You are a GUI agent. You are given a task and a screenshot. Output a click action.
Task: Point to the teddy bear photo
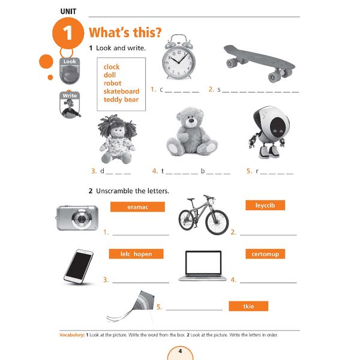191,133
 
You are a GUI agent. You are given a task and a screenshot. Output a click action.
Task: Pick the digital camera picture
77,217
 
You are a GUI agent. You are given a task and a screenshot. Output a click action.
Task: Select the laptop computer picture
203,266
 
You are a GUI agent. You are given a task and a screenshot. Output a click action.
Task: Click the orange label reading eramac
129,207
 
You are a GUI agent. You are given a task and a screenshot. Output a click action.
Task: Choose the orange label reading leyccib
265,205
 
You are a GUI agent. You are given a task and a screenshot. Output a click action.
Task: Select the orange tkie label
248,306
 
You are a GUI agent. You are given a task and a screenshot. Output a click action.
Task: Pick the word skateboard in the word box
121,91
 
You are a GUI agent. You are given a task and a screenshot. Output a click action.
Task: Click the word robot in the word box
112,83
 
